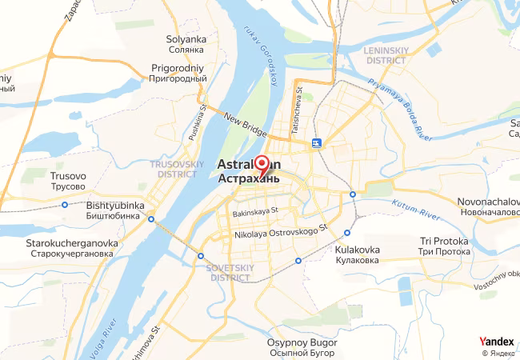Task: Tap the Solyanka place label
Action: tap(186, 45)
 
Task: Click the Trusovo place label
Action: tap(68, 181)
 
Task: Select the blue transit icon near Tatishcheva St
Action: tap(318, 143)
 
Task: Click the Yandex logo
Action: tap(496, 342)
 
